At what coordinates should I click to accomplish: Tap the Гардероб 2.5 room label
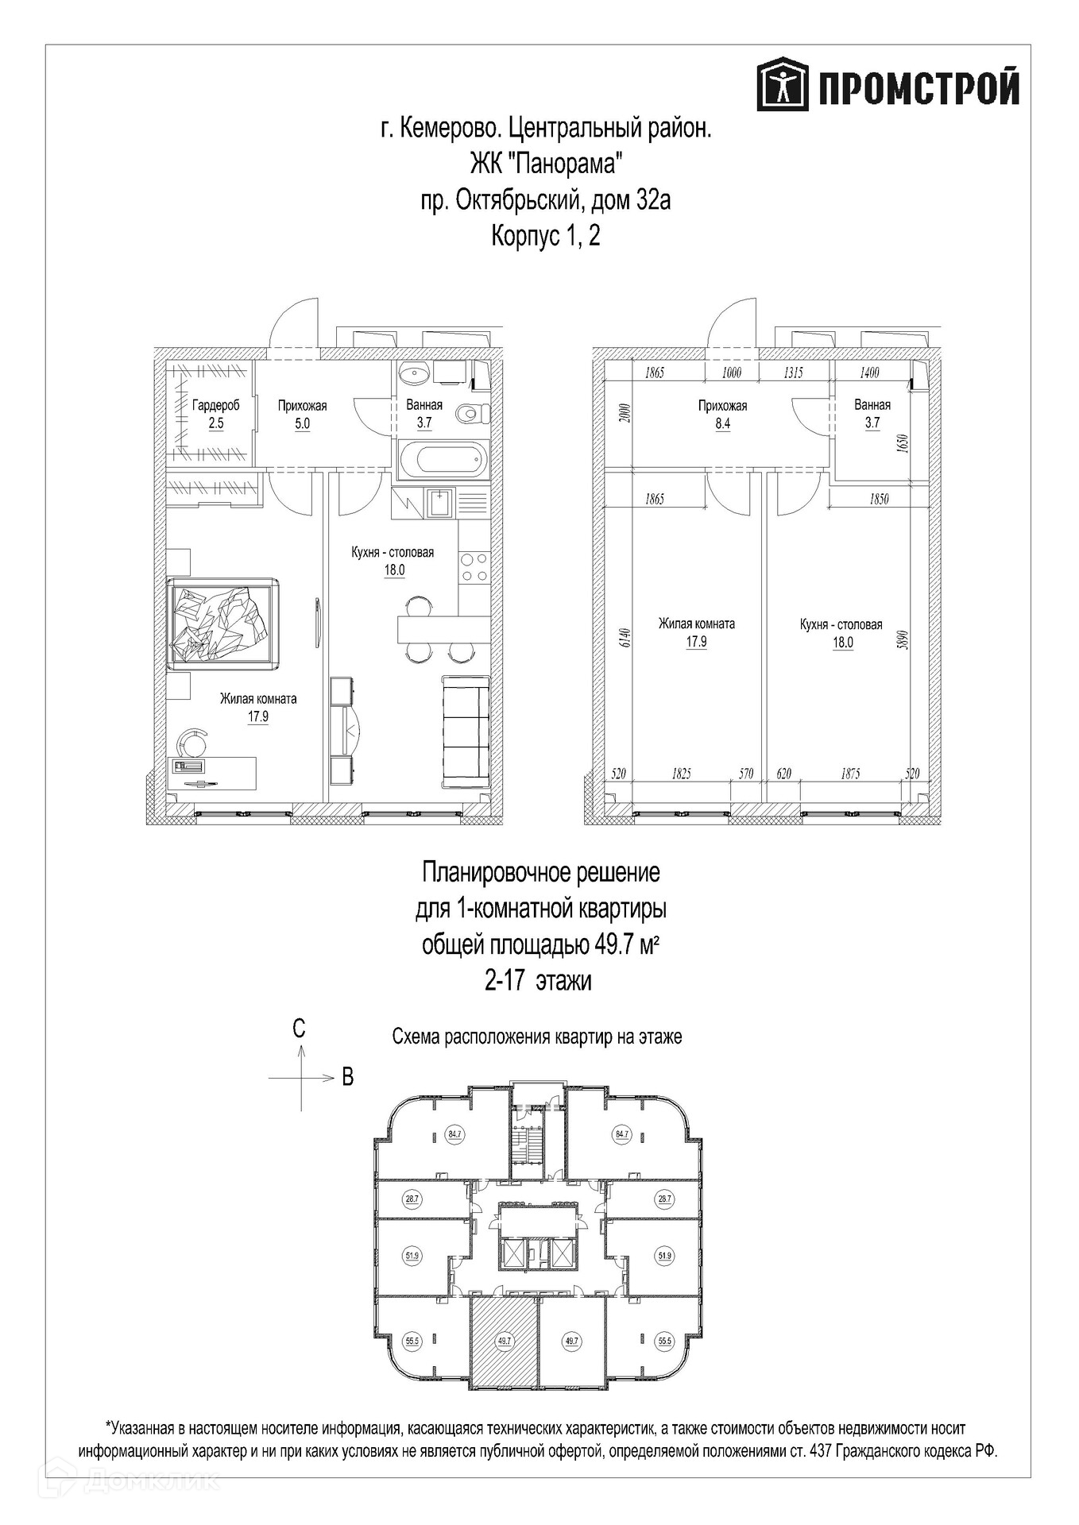point(215,414)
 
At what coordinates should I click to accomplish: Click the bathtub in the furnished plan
point(441,459)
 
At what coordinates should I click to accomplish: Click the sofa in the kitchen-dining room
point(465,732)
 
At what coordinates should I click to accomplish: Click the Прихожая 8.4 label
point(722,414)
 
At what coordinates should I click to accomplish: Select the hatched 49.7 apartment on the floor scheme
point(504,1339)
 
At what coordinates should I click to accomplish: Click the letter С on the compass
point(299,1029)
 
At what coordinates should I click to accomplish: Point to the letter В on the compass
point(347,1076)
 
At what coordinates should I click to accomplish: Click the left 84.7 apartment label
point(454,1134)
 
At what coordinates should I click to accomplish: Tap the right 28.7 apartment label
point(664,1199)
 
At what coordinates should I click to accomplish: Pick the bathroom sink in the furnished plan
point(414,372)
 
